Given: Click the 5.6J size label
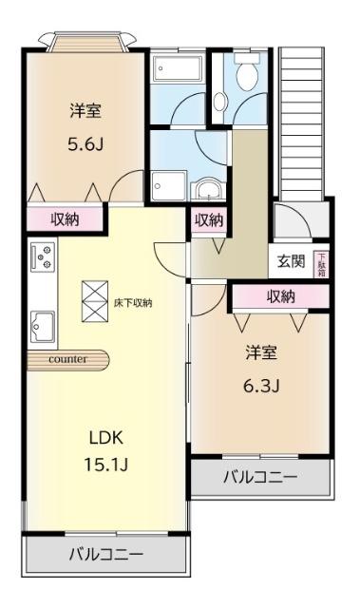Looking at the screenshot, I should (x=85, y=146).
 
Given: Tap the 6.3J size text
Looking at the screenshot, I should (x=260, y=386).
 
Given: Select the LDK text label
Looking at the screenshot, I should (x=106, y=439).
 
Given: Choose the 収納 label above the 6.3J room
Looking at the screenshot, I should (x=280, y=296).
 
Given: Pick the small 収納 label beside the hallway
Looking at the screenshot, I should (x=209, y=220).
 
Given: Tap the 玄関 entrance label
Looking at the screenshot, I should (x=291, y=260).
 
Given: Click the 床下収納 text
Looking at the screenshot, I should (x=133, y=303).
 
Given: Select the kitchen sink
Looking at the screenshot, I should (x=43, y=328).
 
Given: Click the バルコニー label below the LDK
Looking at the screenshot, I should (x=104, y=554).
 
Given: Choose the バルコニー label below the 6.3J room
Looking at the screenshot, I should (x=259, y=477).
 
